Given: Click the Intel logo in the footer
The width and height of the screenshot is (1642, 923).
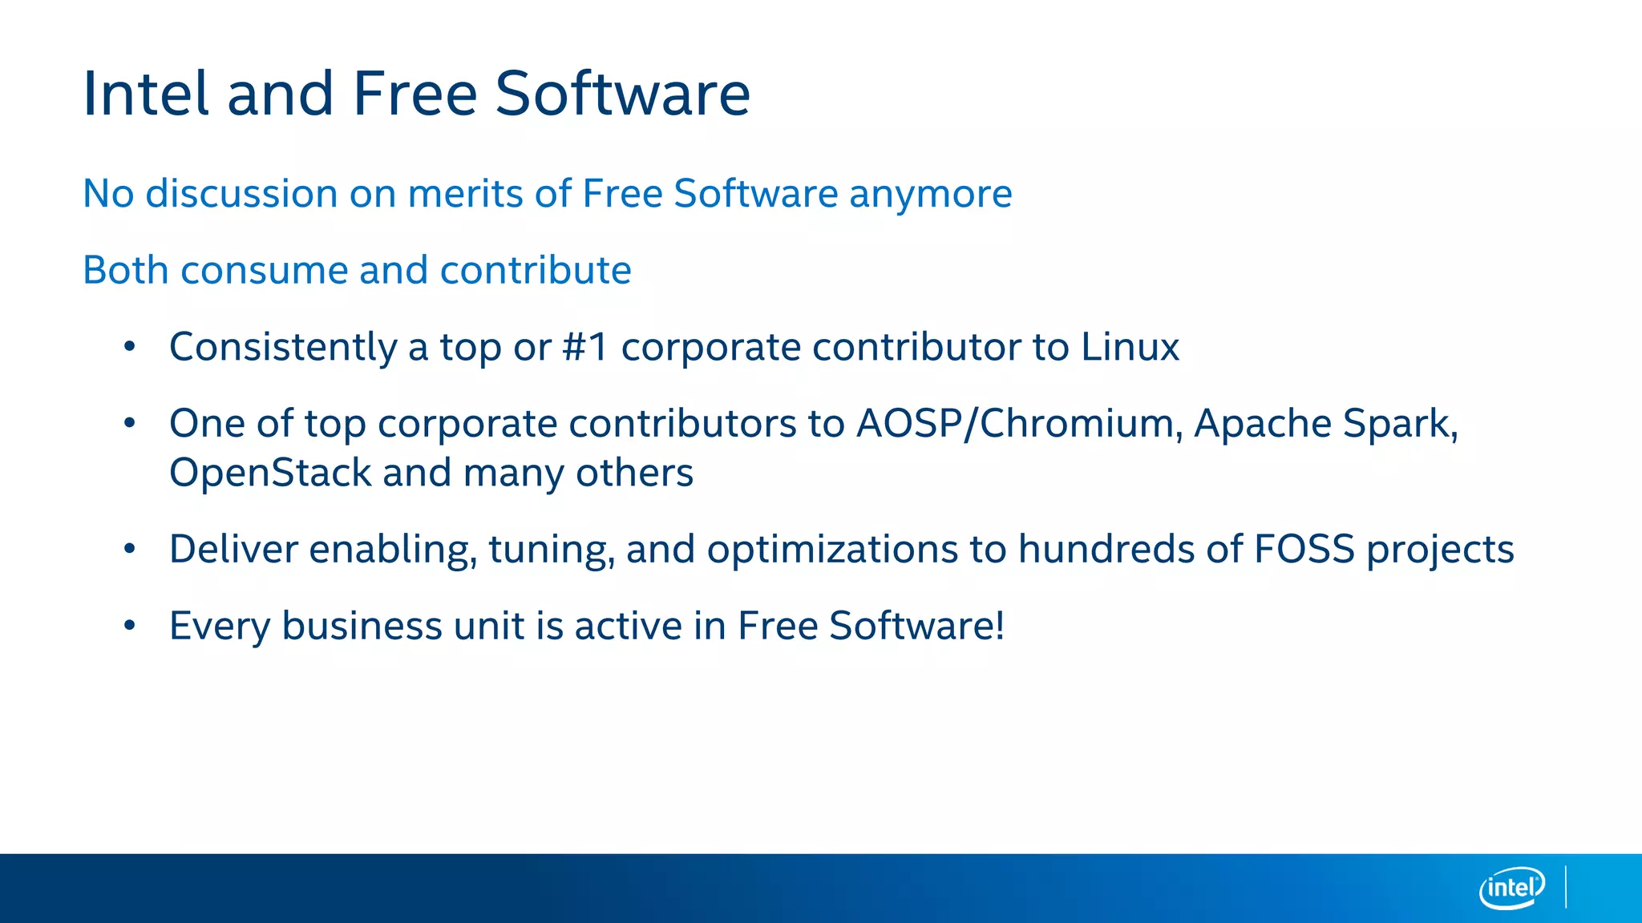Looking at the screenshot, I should click(x=1511, y=888).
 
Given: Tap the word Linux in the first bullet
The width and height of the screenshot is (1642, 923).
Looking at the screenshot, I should click(x=1130, y=347).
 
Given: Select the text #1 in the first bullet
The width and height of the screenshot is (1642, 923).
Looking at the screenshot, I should click(x=585, y=347).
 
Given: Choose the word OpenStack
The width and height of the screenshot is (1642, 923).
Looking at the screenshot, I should click(x=270, y=473).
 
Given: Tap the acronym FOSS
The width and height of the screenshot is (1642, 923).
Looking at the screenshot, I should click(x=1304, y=550).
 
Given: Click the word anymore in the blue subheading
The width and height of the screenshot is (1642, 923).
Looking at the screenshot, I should click(x=930, y=194).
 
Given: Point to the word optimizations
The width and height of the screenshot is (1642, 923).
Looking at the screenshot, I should click(x=832, y=550).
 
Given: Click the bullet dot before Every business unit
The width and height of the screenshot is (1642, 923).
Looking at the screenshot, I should click(x=130, y=625).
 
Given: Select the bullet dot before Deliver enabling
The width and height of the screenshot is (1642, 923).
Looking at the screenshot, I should click(x=130, y=549).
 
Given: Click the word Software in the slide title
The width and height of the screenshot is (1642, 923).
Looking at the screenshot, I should click(x=622, y=94).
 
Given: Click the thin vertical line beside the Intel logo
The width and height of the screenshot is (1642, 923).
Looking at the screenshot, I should click(x=1566, y=886).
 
